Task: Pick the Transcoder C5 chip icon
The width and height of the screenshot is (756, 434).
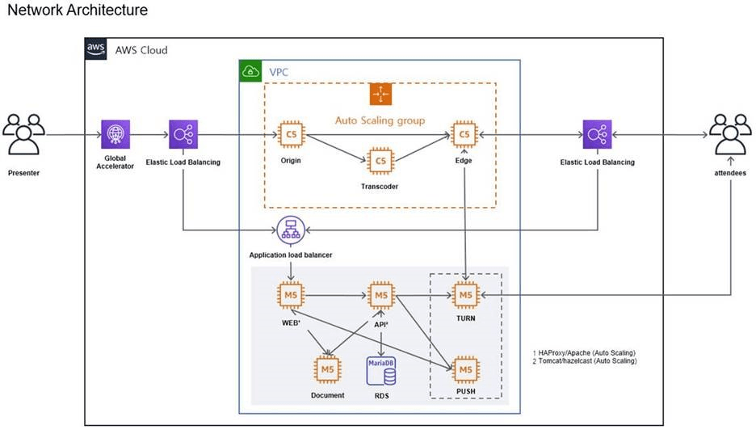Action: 380,161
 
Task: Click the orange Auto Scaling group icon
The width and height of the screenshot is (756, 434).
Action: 380,95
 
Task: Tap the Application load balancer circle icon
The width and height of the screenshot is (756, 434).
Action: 290,230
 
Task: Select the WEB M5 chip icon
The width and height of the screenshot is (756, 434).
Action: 290,296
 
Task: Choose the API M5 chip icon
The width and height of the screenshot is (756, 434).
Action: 380,296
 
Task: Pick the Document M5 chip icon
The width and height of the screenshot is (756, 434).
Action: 327,369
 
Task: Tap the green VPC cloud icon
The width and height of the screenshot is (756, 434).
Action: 250,71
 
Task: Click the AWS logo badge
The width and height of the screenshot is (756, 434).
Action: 96,49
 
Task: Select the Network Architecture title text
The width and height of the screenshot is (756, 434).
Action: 78,11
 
